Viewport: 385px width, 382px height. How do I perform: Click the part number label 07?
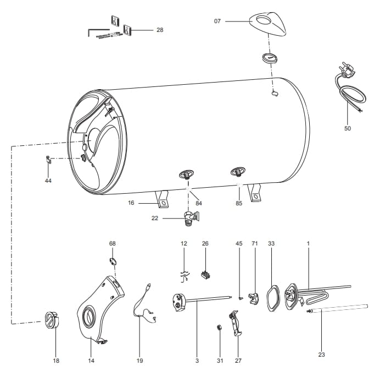click(x=217, y=21)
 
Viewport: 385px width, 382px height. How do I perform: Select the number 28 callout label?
click(x=160, y=30)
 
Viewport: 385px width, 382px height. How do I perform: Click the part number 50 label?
click(x=347, y=128)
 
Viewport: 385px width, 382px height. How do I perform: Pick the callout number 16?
click(x=131, y=203)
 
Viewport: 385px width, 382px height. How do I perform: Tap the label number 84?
click(x=199, y=203)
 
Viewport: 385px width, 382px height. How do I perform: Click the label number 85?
click(x=239, y=203)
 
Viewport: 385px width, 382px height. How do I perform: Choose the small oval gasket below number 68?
click(x=112, y=260)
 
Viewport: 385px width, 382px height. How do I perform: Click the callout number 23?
click(x=321, y=354)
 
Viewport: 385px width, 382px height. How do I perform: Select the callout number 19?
click(x=140, y=361)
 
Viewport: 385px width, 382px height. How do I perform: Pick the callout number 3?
click(x=197, y=361)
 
